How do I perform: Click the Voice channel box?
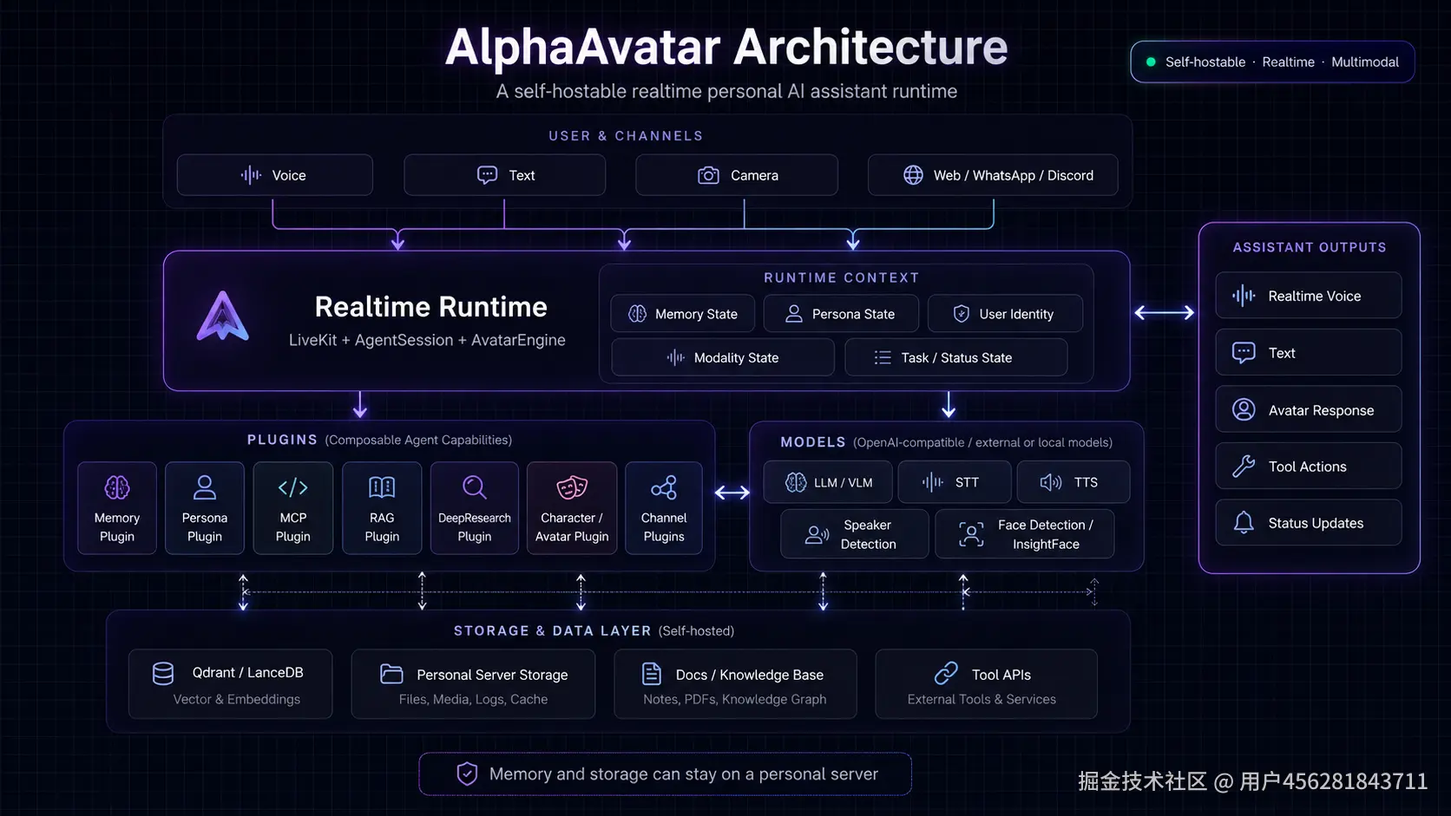coord(274,174)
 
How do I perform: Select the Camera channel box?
coord(737,174)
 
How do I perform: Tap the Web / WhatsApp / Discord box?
coord(993,174)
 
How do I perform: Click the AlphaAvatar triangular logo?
coord(222,316)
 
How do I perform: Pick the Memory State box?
coord(683,314)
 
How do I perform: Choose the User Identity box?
coord(1005,314)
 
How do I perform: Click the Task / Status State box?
coord(956,357)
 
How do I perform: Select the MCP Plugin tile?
coord(292,508)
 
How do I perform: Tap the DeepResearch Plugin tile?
coord(474,508)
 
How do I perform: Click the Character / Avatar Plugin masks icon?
coord(572,487)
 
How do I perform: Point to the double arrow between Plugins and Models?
coord(732,493)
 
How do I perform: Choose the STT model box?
coord(954,482)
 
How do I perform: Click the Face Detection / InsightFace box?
coord(1025,534)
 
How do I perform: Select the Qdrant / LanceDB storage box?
coord(231,684)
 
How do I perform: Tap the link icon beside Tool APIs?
coord(946,674)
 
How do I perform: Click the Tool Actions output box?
coord(1309,466)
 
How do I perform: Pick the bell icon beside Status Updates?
coord(1243,522)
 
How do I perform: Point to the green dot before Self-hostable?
coord(1151,62)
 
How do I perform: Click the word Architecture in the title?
coord(870,47)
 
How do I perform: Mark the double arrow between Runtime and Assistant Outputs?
coord(1164,312)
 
